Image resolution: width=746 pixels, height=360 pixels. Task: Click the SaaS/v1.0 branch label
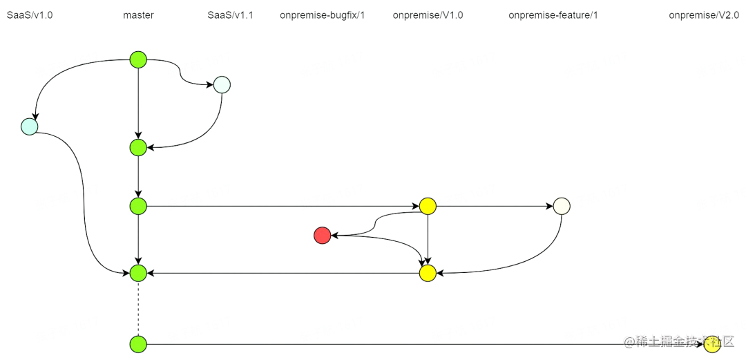coord(30,15)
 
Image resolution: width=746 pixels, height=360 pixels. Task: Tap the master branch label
coord(138,15)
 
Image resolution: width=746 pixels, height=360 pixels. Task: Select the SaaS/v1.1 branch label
coord(230,15)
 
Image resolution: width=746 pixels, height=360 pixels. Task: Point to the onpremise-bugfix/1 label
coord(322,15)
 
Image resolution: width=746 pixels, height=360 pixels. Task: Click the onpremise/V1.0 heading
coord(428,15)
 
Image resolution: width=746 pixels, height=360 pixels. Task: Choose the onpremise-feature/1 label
coord(553,15)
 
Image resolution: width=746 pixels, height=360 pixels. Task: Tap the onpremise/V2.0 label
coord(704,15)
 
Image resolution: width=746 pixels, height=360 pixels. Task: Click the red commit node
coord(322,236)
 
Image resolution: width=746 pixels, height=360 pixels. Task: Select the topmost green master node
coord(138,60)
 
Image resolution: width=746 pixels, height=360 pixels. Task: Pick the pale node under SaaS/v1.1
coord(222,85)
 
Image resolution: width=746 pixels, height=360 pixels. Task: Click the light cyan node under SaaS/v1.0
coord(29,126)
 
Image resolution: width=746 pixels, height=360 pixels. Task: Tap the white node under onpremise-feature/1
coord(562,206)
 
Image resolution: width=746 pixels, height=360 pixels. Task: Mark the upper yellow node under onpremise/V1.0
coord(428,206)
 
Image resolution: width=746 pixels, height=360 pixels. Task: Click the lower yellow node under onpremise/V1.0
coord(428,273)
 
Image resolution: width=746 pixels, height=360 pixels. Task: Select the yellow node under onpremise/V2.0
coord(712,343)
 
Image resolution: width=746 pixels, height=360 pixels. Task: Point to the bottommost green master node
coord(138,343)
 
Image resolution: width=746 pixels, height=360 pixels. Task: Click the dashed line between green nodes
coord(138,308)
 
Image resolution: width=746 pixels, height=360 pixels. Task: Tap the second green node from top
coord(138,147)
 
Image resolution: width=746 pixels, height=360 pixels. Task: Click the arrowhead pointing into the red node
coord(334,236)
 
